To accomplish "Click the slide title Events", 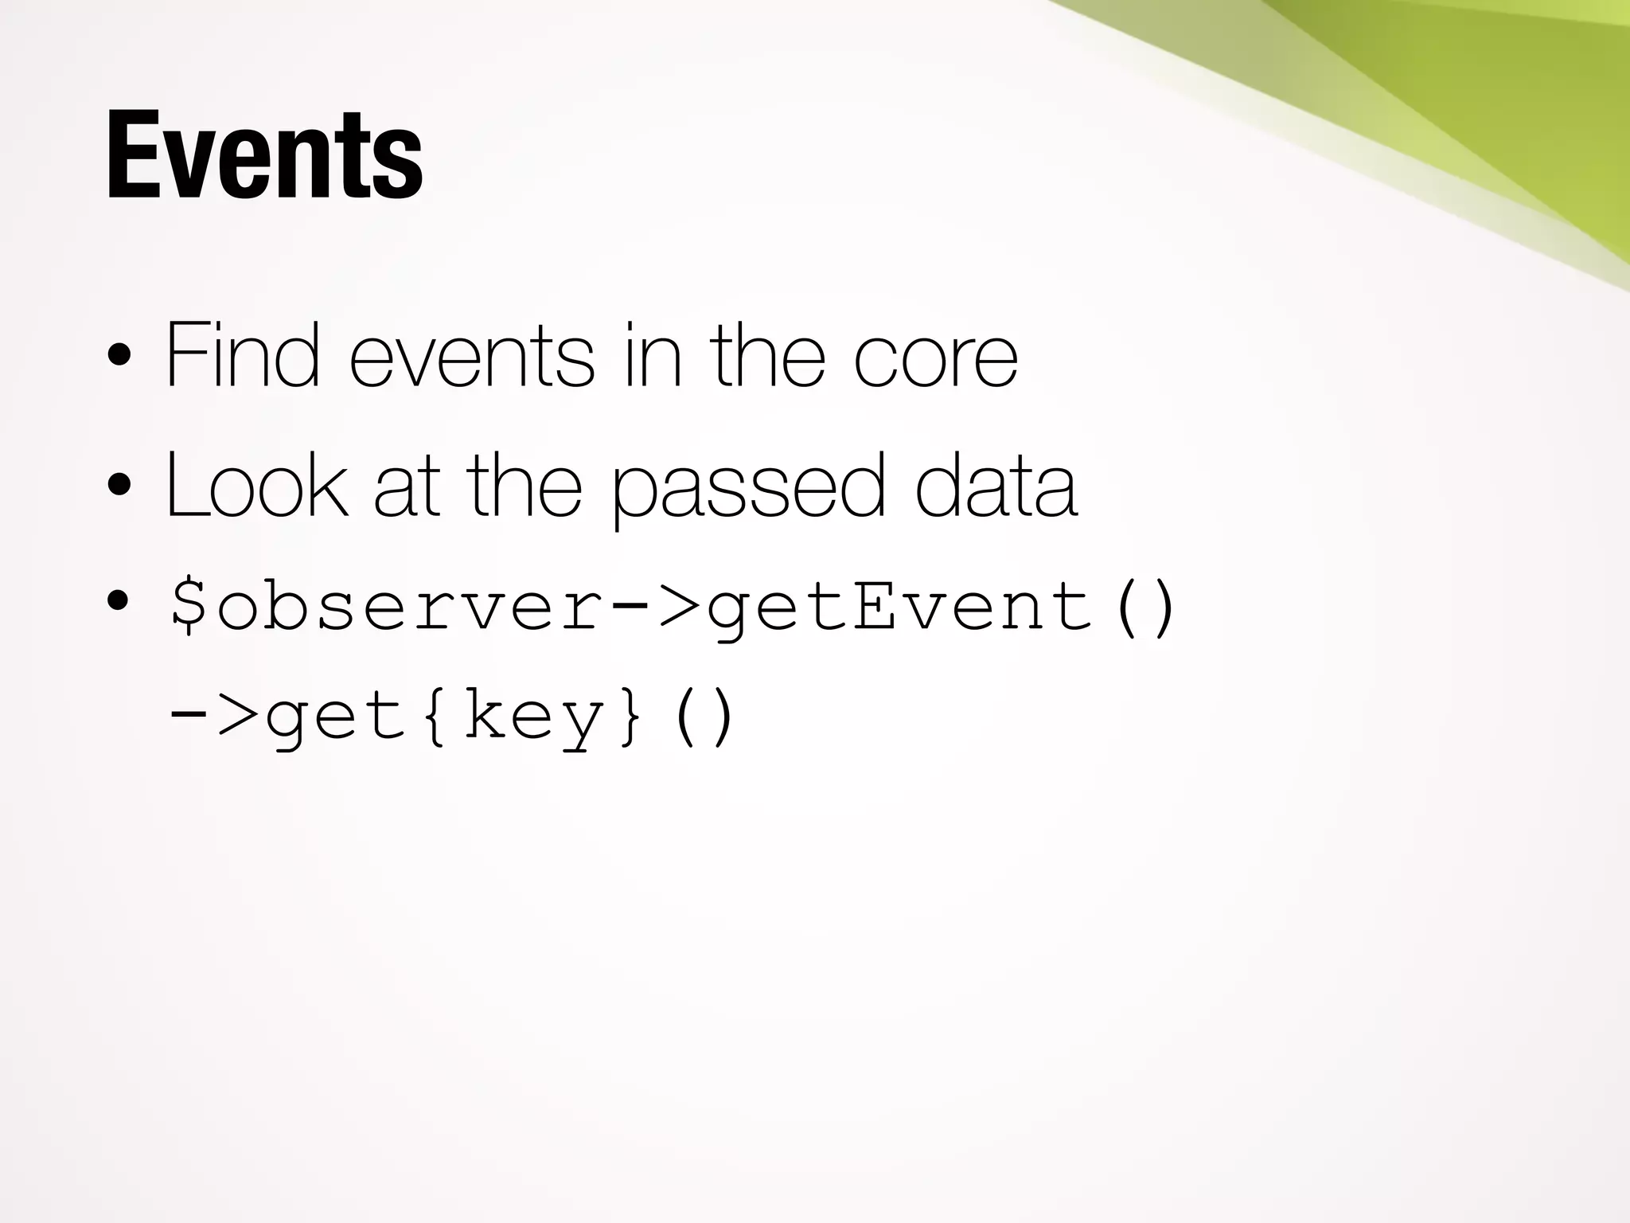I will (x=264, y=156).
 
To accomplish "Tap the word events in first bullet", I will (x=471, y=356).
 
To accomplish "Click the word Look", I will (x=256, y=484).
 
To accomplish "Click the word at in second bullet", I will (x=406, y=486).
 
